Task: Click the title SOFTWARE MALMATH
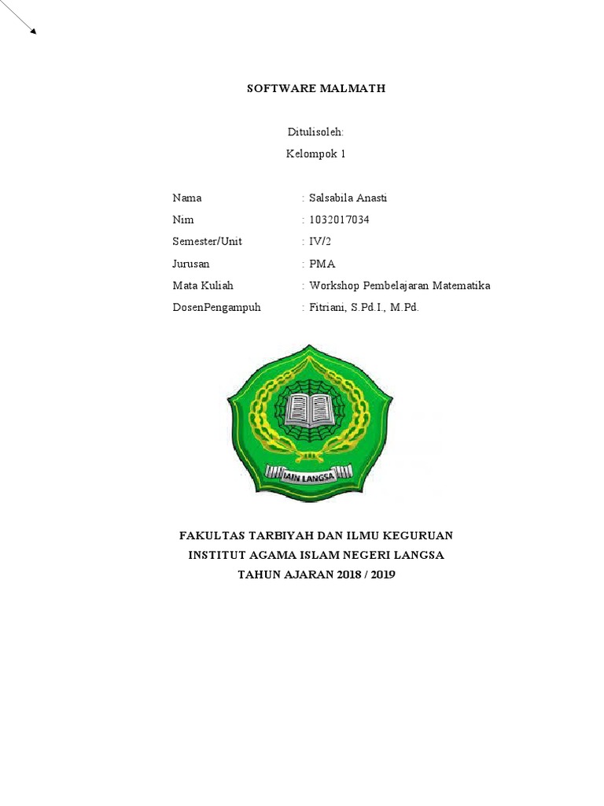(316, 89)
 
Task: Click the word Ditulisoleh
(316, 132)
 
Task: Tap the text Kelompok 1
(315, 153)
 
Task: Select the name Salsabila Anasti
(348, 198)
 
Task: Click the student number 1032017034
(339, 220)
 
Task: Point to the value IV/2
(320, 242)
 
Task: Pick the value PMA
(322, 264)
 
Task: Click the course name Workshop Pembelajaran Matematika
(400, 286)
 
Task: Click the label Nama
(187, 198)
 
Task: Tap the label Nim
(183, 220)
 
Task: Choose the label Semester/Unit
(207, 242)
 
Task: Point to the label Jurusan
(191, 264)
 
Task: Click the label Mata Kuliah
(203, 286)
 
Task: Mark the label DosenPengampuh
(216, 308)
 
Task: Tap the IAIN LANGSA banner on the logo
(303, 475)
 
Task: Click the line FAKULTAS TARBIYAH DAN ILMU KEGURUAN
(316, 536)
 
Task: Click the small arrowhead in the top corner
(33, 31)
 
